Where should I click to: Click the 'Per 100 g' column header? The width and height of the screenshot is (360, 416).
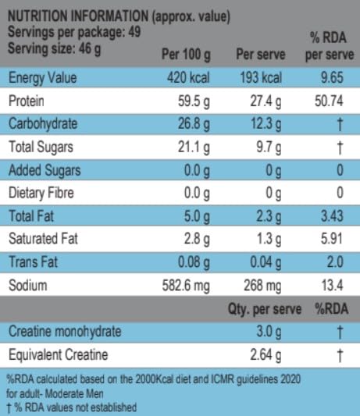pyautogui.click(x=185, y=56)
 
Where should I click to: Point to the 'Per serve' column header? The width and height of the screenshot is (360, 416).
pyautogui.click(x=258, y=56)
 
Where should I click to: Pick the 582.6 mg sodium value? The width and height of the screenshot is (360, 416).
pyautogui.click(x=186, y=286)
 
